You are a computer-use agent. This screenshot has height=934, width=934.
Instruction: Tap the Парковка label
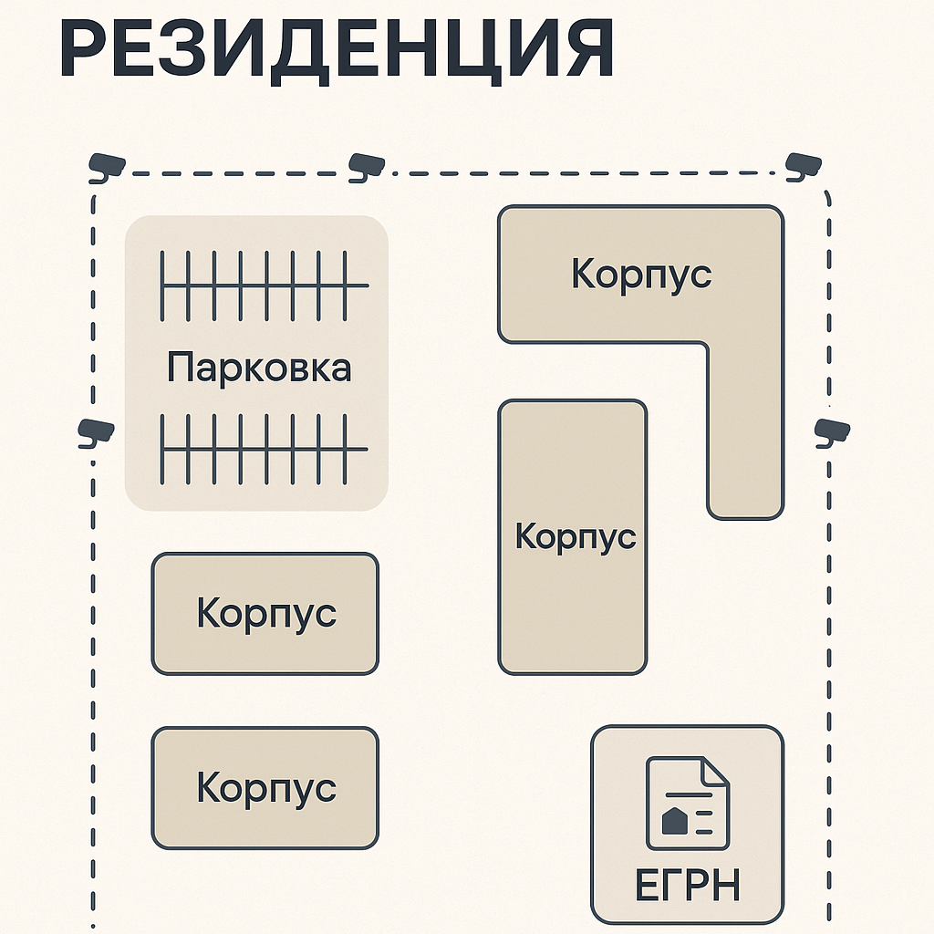tap(259, 368)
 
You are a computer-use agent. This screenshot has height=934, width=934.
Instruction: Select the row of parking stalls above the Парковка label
tap(265, 285)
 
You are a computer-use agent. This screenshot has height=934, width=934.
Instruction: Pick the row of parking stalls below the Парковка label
tap(265, 448)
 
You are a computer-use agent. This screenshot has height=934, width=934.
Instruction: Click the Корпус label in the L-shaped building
tap(641, 273)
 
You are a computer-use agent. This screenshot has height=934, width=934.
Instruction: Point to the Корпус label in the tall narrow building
tap(575, 535)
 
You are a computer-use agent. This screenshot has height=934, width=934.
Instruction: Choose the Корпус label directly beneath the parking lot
tap(266, 613)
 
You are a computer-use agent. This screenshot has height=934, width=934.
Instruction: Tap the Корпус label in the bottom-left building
tap(266, 787)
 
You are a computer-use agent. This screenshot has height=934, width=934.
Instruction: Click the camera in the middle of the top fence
tap(367, 165)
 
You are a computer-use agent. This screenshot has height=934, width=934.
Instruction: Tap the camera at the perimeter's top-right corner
tap(803, 164)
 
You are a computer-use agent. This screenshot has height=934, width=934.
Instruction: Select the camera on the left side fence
tap(95, 431)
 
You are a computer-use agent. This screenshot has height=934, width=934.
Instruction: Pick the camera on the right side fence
tap(831, 431)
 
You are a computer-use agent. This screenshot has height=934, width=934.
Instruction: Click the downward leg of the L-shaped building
tap(745, 429)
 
